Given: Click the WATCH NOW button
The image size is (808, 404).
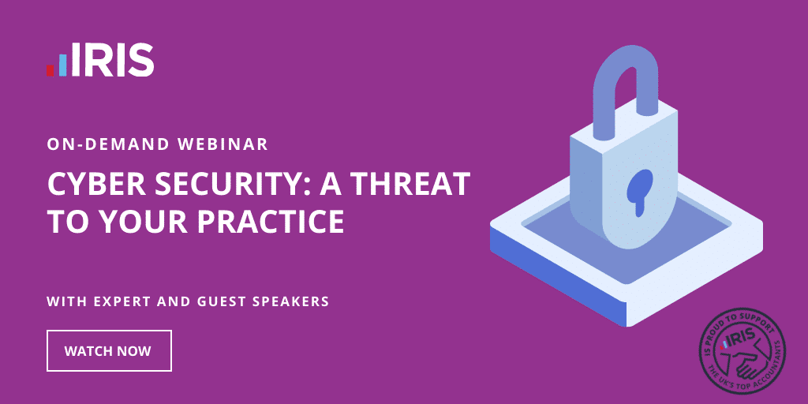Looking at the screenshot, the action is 109,350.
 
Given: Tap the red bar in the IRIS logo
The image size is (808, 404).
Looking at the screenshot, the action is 50,70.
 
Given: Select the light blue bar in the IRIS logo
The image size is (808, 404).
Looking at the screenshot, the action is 63,65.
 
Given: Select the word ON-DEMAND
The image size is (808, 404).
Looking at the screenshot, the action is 107,144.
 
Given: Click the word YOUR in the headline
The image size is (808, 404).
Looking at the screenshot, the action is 142,221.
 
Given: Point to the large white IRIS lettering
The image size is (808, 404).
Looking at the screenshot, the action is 112,60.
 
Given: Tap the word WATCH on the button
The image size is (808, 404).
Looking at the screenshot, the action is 85,351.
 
